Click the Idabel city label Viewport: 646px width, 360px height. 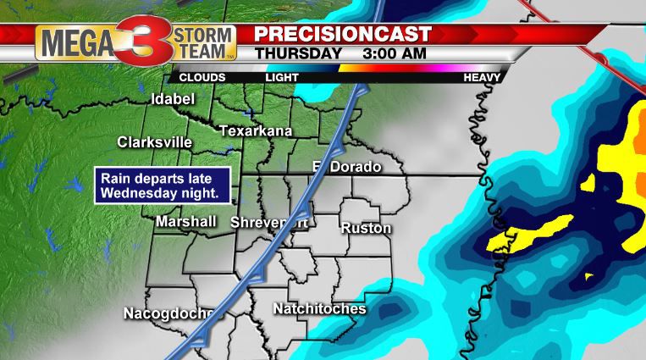click(172, 100)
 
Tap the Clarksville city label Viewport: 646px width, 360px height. click(155, 142)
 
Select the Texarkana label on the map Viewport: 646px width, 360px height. click(256, 131)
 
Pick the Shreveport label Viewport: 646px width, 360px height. click(268, 222)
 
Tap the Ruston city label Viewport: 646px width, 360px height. click(366, 229)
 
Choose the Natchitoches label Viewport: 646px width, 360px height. click(319, 309)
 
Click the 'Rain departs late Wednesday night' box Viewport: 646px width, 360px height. click(162, 186)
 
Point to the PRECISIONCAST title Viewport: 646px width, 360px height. click(344, 34)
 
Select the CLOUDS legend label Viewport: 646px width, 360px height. click(202, 77)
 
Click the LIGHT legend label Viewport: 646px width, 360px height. click(282, 77)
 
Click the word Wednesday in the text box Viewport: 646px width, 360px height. click(137, 193)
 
